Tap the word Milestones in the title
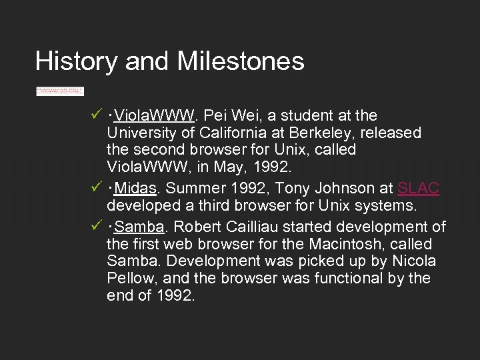pyautogui.click(x=241, y=61)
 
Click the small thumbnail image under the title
pyautogui.click(x=60, y=91)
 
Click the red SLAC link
pyautogui.click(x=418, y=188)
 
